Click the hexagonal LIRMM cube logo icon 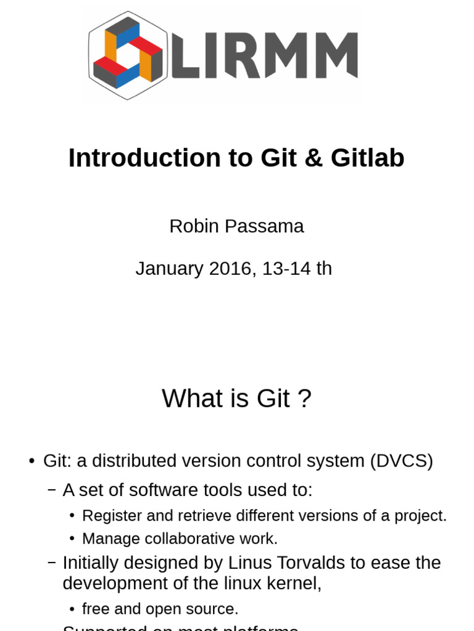tap(127, 55)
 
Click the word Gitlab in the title tap(367, 158)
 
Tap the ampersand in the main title tap(313, 158)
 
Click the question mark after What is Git tap(304, 399)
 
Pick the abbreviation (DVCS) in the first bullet tap(402, 461)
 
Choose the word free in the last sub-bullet tap(96, 609)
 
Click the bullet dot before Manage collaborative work tap(72, 539)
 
